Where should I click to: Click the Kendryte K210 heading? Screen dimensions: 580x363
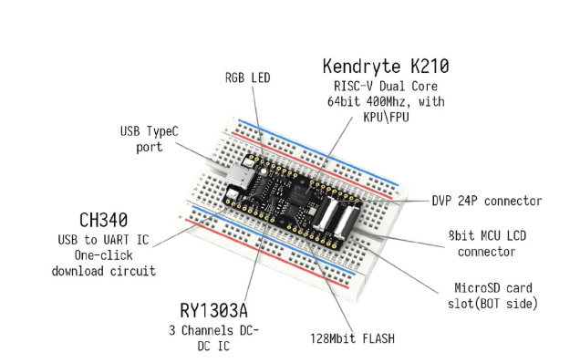pos(386,67)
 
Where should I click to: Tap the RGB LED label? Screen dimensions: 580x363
pos(247,78)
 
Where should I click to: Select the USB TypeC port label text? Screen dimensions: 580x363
pos(150,140)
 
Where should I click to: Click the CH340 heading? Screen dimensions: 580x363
pos(104,220)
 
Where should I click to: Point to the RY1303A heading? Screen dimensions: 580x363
pos(213,310)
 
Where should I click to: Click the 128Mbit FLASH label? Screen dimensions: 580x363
pos(352,338)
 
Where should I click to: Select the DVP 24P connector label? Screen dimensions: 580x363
pos(487,201)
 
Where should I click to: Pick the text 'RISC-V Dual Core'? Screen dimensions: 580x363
pos(386,87)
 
